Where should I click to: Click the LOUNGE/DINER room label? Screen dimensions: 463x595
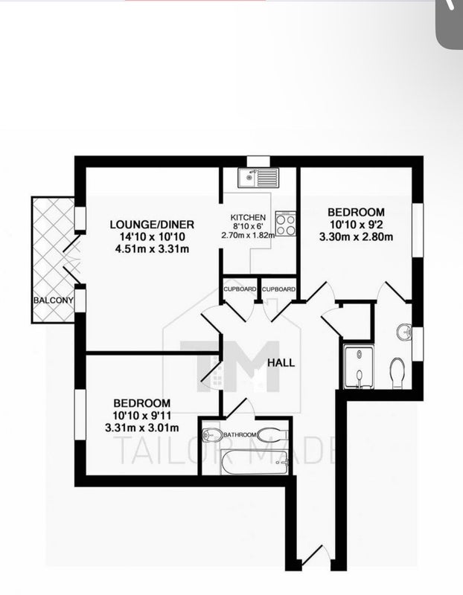[x=152, y=225]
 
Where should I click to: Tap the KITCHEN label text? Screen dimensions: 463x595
[x=248, y=217]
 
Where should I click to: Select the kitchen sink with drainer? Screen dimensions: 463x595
[x=258, y=178]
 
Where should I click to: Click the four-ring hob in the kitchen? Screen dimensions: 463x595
[x=285, y=224]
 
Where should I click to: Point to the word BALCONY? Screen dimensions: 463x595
[x=53, y=300]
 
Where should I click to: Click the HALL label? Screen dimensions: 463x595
[x=281, y=363]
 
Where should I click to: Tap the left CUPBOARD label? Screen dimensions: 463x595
[x=240, y=289]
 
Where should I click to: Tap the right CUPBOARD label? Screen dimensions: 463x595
[x=278, y=289]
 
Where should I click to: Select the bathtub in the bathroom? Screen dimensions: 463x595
[x=255, y=462]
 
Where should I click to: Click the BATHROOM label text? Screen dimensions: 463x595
[x=239, y=435]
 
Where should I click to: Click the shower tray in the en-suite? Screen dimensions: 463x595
[x=359, y=367]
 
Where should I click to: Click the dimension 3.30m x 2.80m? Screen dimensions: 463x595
[x=356, y=237]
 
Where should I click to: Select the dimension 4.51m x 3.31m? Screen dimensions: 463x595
[x=152, y=249]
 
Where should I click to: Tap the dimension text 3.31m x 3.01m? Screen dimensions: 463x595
[x=142, y=428]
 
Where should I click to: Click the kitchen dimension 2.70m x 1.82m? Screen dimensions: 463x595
[x=248, y=235]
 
